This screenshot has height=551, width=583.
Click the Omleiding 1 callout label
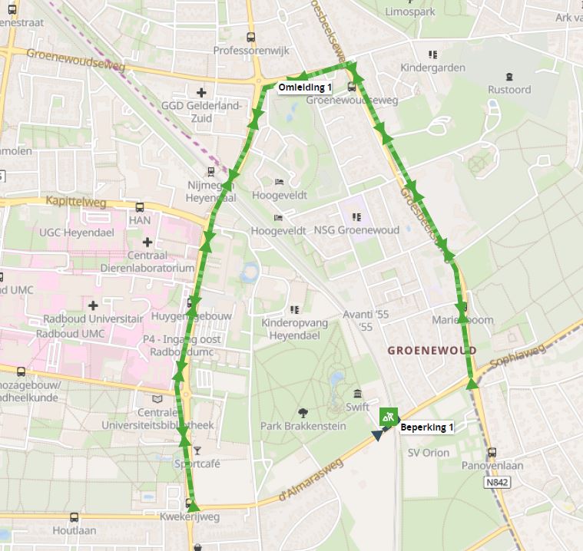click(x=305, y=87)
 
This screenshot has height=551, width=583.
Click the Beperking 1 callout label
click(x=426, y=427)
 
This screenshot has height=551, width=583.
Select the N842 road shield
click(x=498, y=483)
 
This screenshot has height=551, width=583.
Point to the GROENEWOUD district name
click(x=432, y=350)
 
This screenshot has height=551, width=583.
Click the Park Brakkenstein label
click(x=303, y=426)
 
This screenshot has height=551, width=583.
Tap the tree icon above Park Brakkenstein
click(x=303, y=412)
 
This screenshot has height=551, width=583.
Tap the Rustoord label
click(x=509, y=89)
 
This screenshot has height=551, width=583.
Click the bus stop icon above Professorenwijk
click(x=250, y=37)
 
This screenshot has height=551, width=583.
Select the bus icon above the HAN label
click(x=140, y=207)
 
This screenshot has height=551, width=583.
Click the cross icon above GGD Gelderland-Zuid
click(x=202, y=92)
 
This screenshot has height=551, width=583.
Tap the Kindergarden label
click(x=432, y=68)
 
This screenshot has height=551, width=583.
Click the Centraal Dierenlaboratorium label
click(x=147, y=262)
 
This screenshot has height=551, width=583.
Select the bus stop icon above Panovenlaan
click(x=492, y=452)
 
